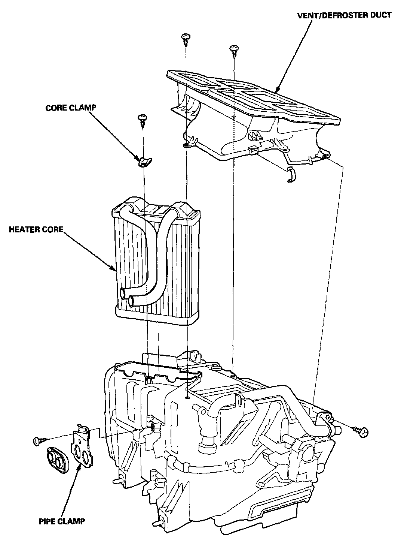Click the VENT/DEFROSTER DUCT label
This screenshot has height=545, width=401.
pos(344,15)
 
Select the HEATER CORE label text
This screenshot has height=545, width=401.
pos(36,229)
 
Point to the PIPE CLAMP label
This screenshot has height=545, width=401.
pos(62,521)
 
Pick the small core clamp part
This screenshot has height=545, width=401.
pos(144,162)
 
